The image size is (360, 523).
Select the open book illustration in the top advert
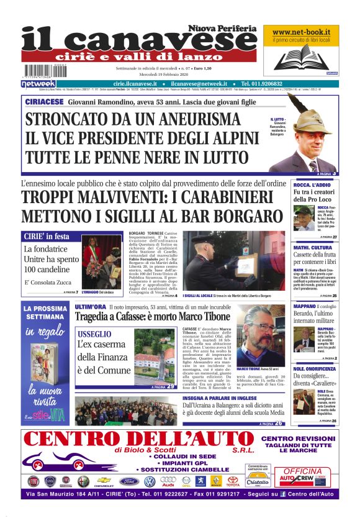[300, 58]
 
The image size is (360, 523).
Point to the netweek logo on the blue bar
[38, 83]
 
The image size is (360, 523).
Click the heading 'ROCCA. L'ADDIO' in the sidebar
[312, 185]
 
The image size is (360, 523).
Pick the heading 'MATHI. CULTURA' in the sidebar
[315, 247]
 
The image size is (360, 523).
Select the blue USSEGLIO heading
[95, 334]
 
